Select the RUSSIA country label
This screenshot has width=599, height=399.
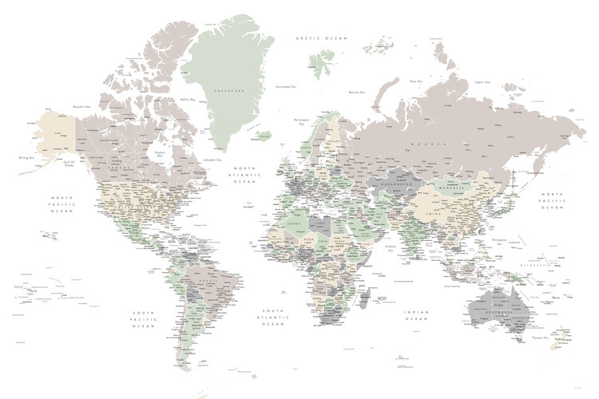[x=426, y=143]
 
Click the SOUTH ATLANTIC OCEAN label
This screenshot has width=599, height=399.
[x=272, y=317]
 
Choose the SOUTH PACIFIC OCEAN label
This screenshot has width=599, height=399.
[x=144, y=318]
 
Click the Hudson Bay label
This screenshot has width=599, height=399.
[x=160, y=153]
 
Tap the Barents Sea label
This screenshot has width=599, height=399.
[x=356, y=93]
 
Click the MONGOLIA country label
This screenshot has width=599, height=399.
[x=452, y=190]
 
